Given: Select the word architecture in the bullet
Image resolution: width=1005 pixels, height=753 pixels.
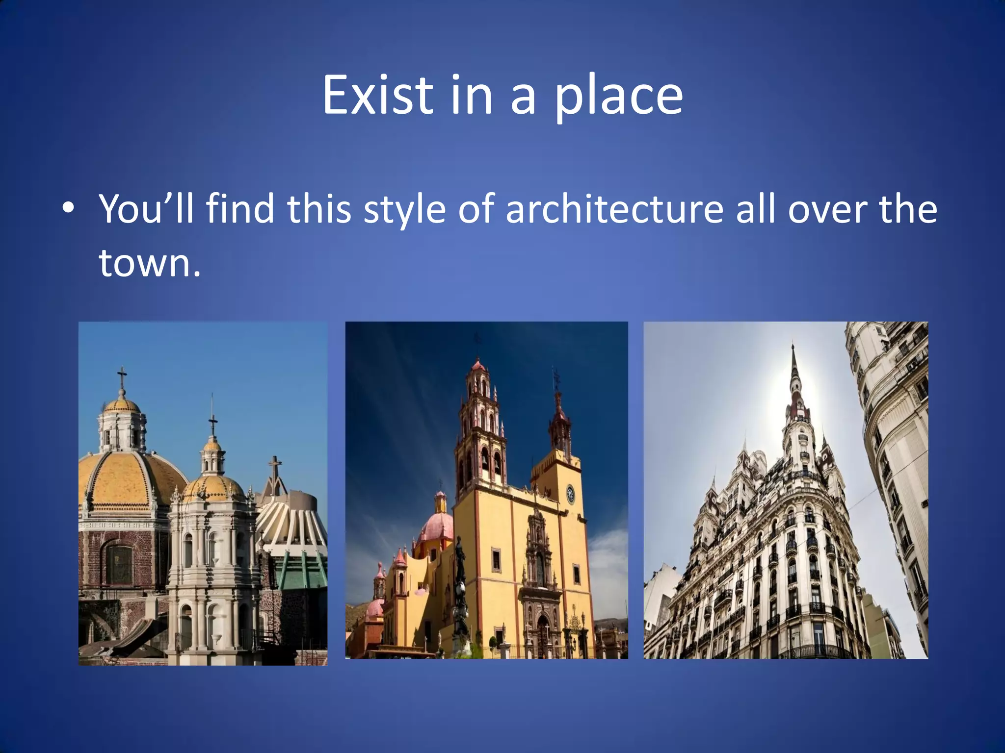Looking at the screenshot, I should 614,209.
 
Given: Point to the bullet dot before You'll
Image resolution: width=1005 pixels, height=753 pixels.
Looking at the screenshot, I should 69,208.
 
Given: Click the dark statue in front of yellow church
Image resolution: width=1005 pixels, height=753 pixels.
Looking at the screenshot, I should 460,583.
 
